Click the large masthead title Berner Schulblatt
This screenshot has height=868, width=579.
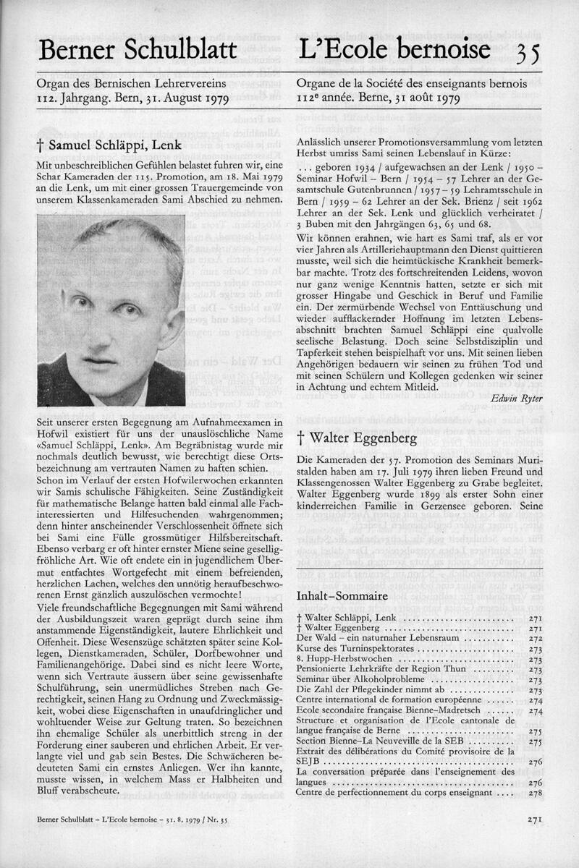click(x=138, y=51)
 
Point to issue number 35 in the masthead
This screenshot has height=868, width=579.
click(x=528, y=52)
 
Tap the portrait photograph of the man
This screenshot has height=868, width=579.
click(x=111, y=310)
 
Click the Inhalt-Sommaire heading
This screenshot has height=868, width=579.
click(x=342, y=595)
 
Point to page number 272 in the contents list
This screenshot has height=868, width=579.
click(x=535, y=639)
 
